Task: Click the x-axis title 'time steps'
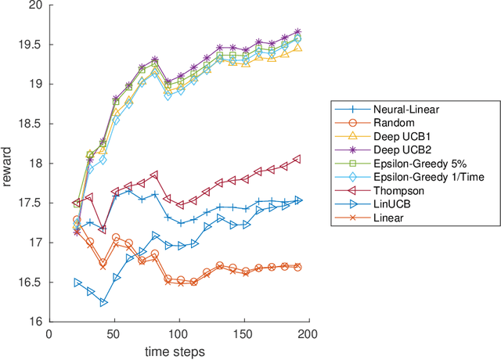[x=179, y=352]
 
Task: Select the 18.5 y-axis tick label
[x=29, y=124]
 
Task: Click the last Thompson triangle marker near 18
[x=297, y=159]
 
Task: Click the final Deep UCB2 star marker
[x=297, y=32]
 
